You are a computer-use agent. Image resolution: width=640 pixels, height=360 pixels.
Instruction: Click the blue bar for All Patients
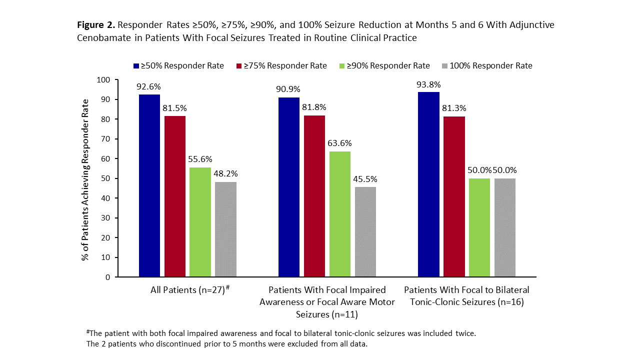pyautogui.click(x=149, y=185)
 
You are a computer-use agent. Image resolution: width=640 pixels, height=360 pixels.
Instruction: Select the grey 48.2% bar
pyautogui.click(x=225, y=229)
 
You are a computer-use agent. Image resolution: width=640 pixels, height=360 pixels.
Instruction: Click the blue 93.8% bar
pyautogui.click(x=428, y=184)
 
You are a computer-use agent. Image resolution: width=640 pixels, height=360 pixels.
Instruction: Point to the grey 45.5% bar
pyautogui.click(x=365, y=232)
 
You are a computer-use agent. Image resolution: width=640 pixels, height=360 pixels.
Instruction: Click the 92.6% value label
pyautogui.click(x=149, y=86)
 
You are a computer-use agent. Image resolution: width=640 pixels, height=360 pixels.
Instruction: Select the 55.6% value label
pyautogui.click(x=200, y=159)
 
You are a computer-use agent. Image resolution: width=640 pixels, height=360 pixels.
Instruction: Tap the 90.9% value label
pyautogui.click(x=289, y=89)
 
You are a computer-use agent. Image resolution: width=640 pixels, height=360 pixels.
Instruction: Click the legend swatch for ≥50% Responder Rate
pyautogui.click(x=136, y=66)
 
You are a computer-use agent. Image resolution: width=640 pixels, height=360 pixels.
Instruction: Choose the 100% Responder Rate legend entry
pyautogui.click(x=491, y=66)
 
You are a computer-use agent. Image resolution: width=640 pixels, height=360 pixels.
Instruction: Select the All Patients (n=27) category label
pyautogui.click(x=189, y=290)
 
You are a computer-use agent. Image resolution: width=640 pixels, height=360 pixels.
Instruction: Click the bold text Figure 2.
pyautogui.click(x=96, y=25)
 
